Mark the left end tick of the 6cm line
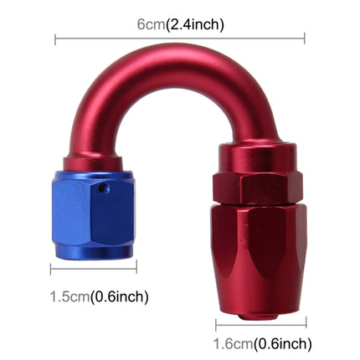[x=55, y=39]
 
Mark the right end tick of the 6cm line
[x=305, y=39]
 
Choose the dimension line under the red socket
[x=260, y=322]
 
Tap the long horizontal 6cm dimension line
[x=180, y=39]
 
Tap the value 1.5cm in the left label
[x=68, y=296]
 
